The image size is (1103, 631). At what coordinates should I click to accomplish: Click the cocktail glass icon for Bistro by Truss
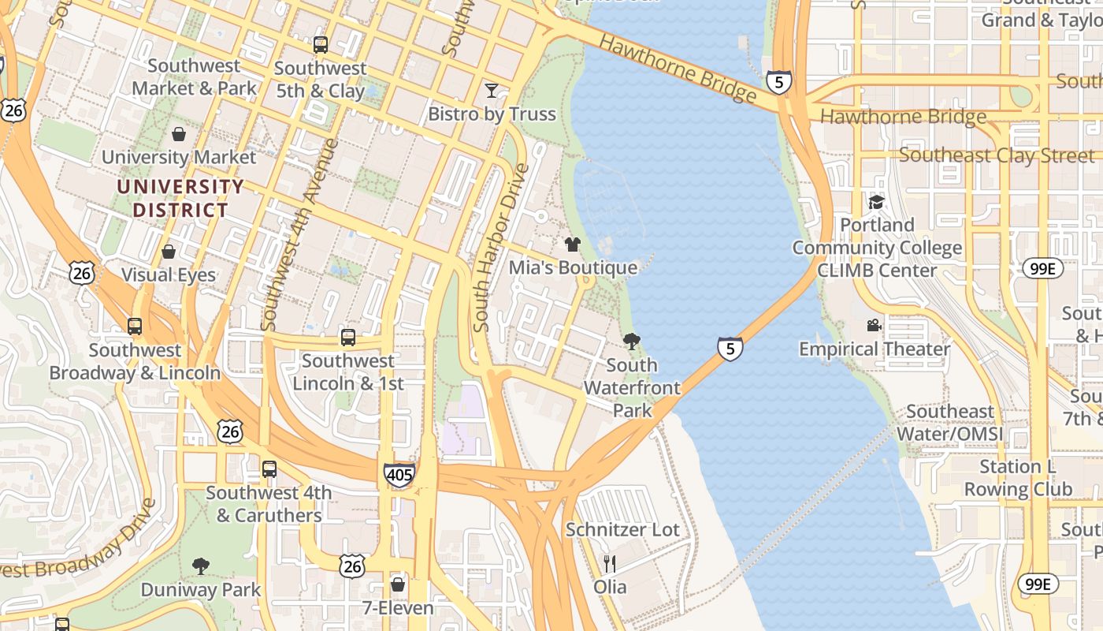pyautogui.click(x=492, y=91)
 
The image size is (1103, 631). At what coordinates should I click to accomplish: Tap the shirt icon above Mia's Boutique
pyautogui.click(x=573, y=245)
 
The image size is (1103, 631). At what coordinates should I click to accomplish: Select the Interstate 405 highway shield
pyautogui.click(x=399, y=476)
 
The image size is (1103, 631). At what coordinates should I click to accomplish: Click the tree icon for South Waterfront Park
pyautogui.click(x=631, y=342)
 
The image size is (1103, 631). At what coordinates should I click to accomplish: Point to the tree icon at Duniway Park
pyautogui.click(x=201, y=566)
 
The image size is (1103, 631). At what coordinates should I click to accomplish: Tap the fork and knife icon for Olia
pyautogui.click(x=609, y=563)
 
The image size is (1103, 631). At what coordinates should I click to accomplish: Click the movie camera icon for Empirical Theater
pyautogui.click(x=874, y=325)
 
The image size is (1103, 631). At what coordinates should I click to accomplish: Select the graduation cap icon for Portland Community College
pyautogui.click(x=876, y=202)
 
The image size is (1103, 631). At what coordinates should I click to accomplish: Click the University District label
pyautogui.click(x=180, y=199)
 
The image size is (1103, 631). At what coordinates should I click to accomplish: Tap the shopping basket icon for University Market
pyautogui.click(x=179, y=134)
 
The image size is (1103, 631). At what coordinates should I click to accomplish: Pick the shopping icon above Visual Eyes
pyautogui.click(x=169, y=252)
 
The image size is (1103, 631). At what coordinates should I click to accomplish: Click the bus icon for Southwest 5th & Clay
pyautogui.click(x=320, y=45)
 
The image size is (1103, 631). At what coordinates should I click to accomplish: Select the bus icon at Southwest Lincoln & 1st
pyautogui.click(x=348, y=338)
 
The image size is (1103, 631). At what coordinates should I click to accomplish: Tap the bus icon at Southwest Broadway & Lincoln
pyautogui.click(x=135, y=327)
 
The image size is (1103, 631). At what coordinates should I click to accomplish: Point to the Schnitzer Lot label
pyautogui.click(x=622, y=529)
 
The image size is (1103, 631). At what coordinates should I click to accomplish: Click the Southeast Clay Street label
pyautogui.click(x=997, y=155)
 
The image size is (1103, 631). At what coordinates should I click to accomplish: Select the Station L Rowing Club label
pyautogui.click(x=1018, y=478)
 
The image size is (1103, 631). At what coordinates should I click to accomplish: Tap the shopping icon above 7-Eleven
pyautogui.click(x=398, y=584)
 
